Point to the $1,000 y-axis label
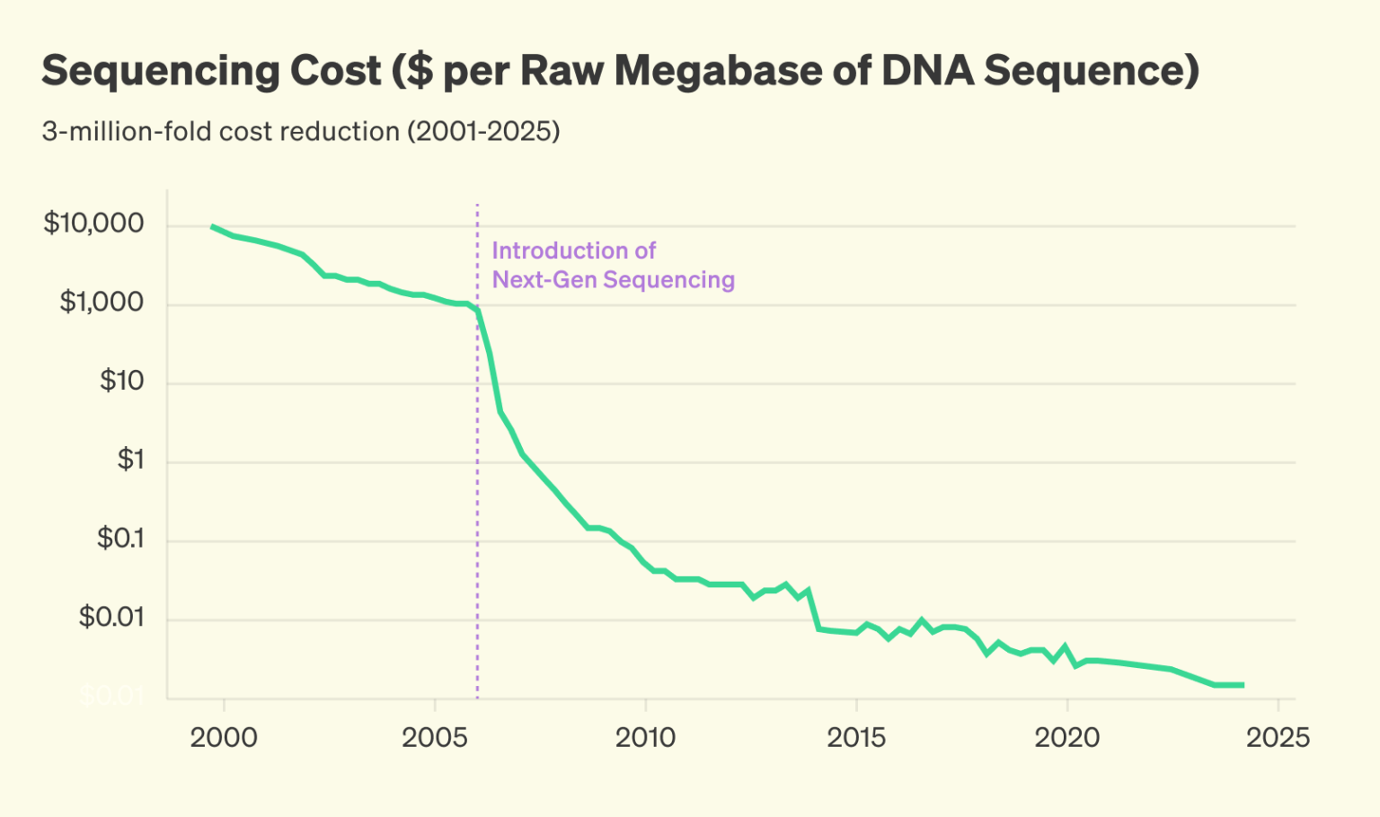tap(102, 302)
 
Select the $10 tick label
tap(121, 381)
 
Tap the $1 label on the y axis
tap(130, 460)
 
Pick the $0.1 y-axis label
tap(120, 539)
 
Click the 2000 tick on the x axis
tap(224, 738)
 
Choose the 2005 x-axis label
tap(435, 738)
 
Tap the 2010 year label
tap(645, 738)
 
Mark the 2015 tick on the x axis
tap(856, 738)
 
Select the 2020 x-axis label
tap(1066, 738)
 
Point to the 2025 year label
tap(1278, 738)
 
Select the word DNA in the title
tap(927, 72)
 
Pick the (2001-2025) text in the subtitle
tap(483, 132)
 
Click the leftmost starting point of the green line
tap(212, 226)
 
